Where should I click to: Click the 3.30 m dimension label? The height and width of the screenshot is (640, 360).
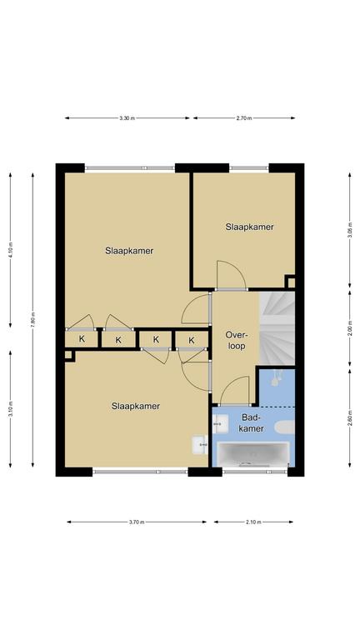pyautogui.click(x=127, y=118)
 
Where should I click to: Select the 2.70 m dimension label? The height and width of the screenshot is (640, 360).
pyautogui.click(x=244, y=118)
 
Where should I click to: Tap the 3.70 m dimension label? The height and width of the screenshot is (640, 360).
pyautogui.click(x=137, y=522)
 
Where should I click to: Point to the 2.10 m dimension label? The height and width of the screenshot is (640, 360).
pyautogui.click(x=253, y=522)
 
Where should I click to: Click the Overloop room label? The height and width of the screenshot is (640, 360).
pyautogui.click(x=236, y=340)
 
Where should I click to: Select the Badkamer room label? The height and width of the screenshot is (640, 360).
pyautogui.click(x=251, y=422)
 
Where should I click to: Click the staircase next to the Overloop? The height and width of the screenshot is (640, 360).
pyautogui.click(x=277, y=328)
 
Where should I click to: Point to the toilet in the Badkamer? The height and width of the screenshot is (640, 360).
pyautogui.click(x=284, y=427)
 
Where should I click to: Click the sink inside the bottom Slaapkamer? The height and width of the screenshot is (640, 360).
pyautogui.click(x=200, y=444)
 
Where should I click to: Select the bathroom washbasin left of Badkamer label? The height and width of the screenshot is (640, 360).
pyautogui.click(x=221, y=423)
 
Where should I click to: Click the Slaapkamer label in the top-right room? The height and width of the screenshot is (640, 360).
pyautogui.click(x=249, y=227)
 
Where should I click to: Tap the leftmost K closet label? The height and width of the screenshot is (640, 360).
pyautogui.click(x=82, y=339)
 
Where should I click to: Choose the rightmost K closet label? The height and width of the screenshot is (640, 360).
pyautogui.click(x=192, y=340)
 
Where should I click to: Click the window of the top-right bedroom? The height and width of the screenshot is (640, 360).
pyautogui.click(x=249, y=167)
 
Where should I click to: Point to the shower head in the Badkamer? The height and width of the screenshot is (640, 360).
pyautogui.click(x=277, y=378)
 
